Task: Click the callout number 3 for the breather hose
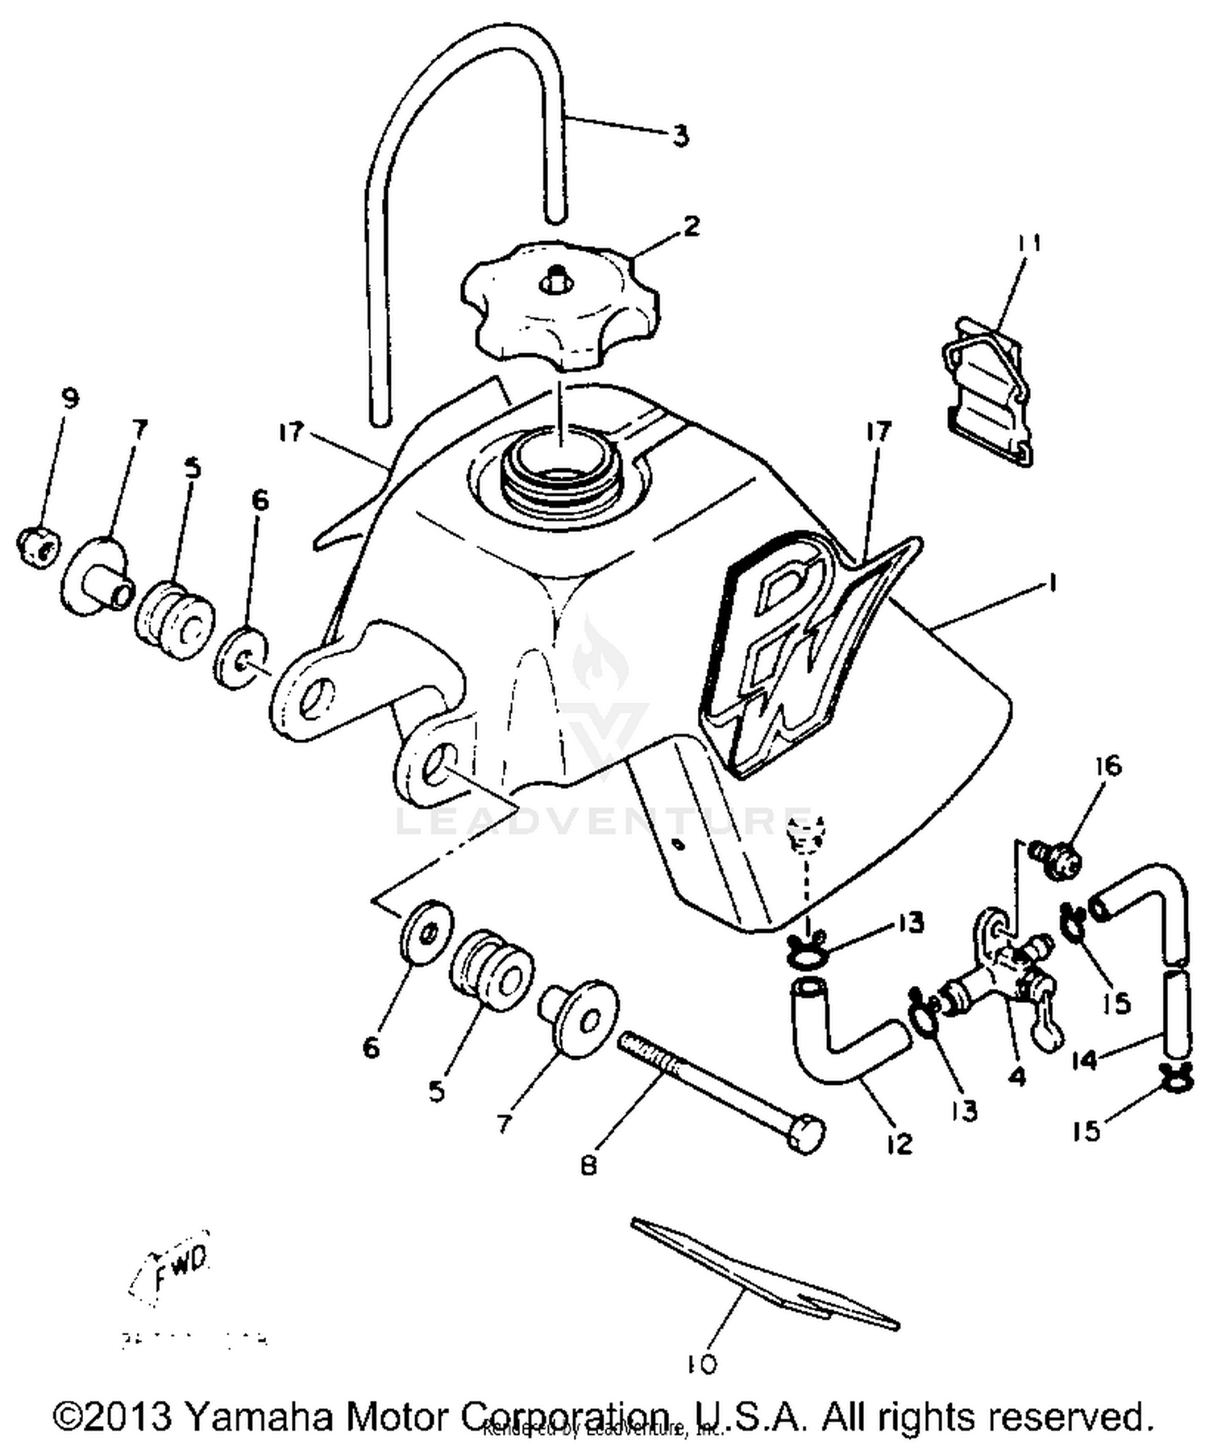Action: [x=681, y=135]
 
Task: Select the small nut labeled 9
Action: [x=36, y=547]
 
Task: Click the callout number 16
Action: [x=1108, y=765]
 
